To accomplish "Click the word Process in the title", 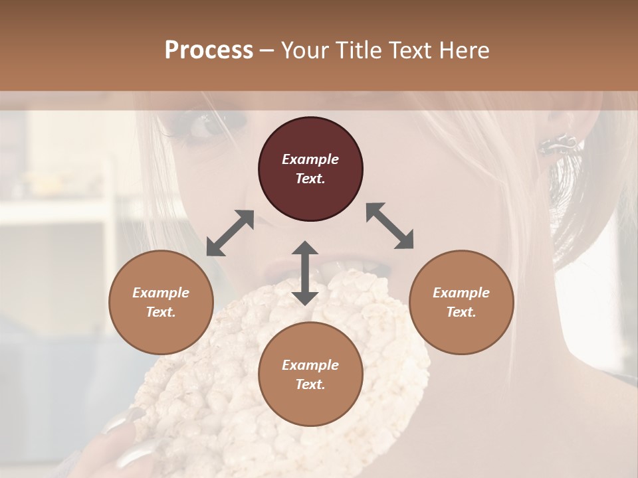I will (209, 50).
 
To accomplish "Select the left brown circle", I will (161, 302).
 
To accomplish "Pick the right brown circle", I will (461, 302).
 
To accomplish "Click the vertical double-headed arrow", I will (305, 273).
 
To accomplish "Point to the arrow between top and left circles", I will (230, 233).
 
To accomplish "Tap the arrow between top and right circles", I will (389, 226).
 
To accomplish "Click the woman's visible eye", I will (207, 123).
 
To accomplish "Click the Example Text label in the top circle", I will (310, 169).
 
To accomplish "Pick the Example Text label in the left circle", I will (161, 302).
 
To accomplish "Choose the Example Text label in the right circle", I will (461, 302).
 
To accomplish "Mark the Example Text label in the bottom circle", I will (310, 374).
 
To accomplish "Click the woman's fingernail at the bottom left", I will (133, 455).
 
